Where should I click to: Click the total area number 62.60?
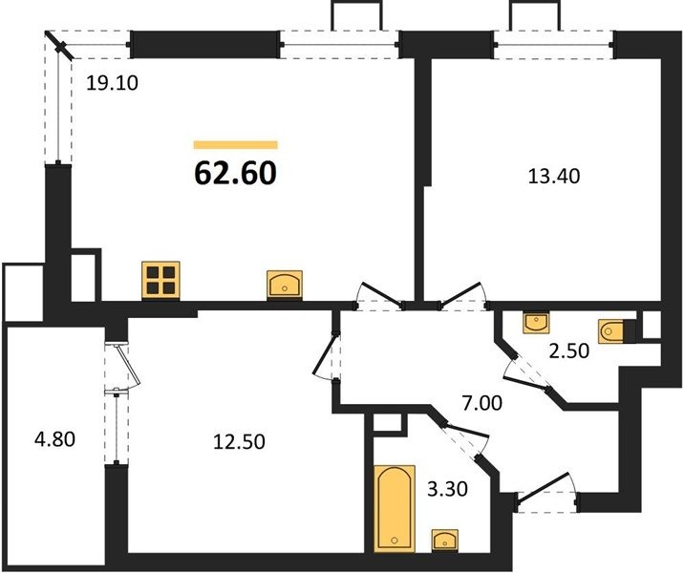coord(235,173)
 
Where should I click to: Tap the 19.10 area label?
coord(112,83)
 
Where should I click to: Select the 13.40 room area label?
coord(554,177)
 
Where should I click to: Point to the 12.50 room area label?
coord(239,442)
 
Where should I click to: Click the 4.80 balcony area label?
coord(55,438)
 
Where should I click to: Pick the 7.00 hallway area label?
coord(482,403)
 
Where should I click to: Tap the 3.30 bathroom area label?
coord(448,489)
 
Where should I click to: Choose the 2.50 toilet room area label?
coord(569,350)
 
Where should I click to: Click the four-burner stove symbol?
coord(160,280)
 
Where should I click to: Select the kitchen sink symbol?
coord(285,285)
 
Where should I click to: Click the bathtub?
coord(395,508)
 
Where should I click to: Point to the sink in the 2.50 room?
coord(536,323)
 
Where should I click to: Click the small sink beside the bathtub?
coord(445,540)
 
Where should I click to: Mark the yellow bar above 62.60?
coord(236,145)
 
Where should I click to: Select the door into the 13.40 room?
coord(463,296)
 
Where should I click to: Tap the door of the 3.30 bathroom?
coord(464,441)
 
